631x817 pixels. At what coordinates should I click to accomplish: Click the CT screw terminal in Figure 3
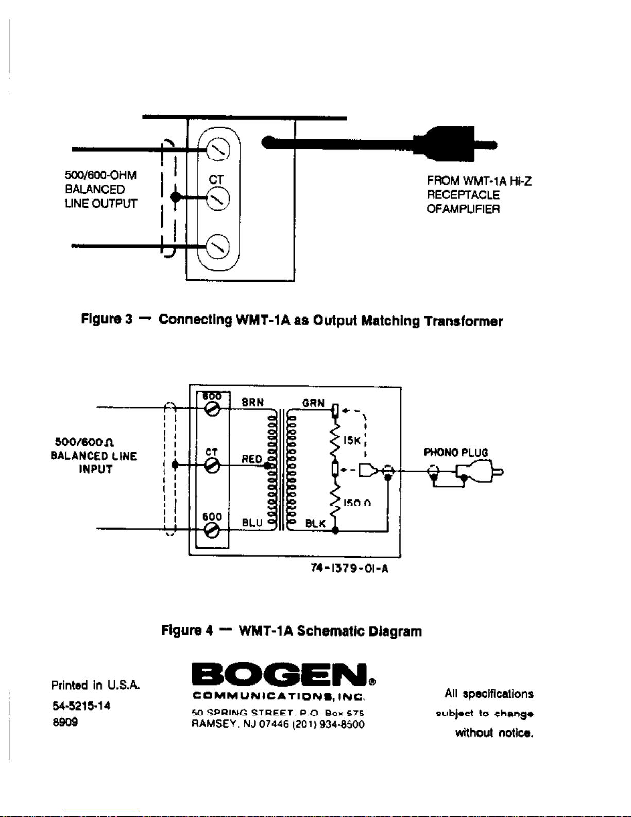click(x=218, y=199)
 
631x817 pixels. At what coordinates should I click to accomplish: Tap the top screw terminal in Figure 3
click(x=218, y=151)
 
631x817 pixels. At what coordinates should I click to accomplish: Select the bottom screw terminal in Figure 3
click(x=218, y=246)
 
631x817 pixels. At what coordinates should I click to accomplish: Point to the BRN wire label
click(x=252, y=402)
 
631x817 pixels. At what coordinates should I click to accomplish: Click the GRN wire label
click(x=313, y=403)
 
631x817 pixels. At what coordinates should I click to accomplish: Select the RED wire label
click(x=251, y=459)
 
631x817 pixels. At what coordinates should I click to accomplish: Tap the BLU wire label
click(x=252, y=523)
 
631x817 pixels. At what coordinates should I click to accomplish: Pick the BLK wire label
click(x=315, y=524)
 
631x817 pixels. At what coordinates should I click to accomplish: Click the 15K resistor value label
click(x=352, y=440)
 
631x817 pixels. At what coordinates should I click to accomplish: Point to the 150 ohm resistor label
click(x=357, y=503)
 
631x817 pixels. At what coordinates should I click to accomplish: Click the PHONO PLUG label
click(x=455, y=453)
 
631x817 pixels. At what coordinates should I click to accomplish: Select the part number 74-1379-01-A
click(x=349, y=569)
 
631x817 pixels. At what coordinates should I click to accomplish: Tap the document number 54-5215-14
click(x=81, y=706)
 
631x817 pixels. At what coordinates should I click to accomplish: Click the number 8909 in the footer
click(x=65, y=722)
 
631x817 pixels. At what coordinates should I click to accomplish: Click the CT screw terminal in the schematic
click(x=212, y=466)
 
